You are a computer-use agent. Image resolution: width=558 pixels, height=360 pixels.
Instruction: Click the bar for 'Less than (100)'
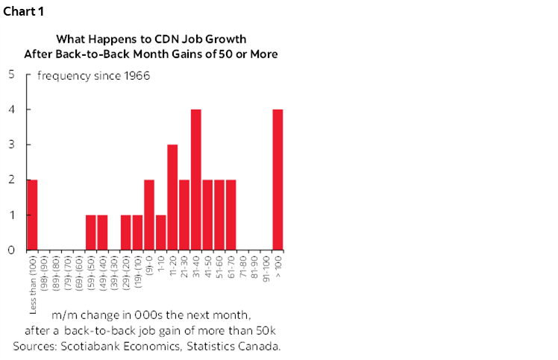point(32,215)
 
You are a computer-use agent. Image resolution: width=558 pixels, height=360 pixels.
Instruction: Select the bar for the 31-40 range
point(196,180)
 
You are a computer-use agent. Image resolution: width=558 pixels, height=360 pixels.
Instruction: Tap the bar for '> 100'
point(278,180)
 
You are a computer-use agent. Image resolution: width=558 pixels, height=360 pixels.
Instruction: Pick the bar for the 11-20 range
point(172,198)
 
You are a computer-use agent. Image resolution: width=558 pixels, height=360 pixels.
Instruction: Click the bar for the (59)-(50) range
point(91,233)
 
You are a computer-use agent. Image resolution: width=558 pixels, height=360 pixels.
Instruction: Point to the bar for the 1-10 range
point(160,233)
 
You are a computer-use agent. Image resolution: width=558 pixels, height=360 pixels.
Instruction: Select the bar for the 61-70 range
point(231,215)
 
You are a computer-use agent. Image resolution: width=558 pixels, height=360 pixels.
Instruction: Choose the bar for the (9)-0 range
point(149,215)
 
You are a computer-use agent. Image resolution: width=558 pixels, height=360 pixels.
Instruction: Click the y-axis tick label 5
point(10,75)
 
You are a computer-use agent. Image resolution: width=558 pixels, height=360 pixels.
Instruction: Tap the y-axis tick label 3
point(10,145)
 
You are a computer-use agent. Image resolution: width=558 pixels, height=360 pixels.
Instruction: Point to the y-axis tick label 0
point(10,250)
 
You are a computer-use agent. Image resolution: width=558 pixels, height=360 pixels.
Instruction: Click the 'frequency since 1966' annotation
point(93,75)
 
